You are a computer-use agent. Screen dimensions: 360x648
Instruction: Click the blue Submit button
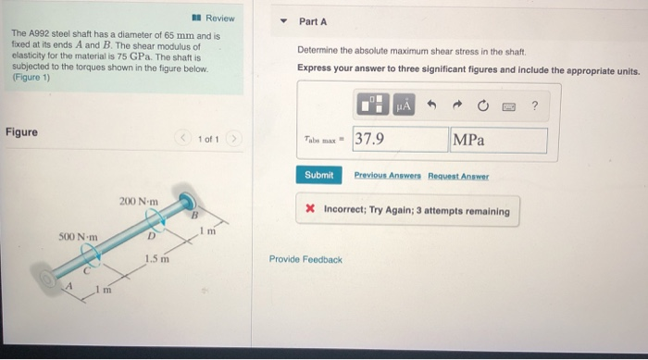point(318,175)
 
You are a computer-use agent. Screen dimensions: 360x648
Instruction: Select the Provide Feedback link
point(305,259)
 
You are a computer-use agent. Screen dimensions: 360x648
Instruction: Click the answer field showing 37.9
point(399,140)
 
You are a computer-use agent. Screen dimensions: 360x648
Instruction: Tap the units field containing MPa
point(498,140)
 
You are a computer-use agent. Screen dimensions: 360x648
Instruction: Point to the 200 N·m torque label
point(138,202)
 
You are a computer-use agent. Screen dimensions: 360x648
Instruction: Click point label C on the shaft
point(89,270)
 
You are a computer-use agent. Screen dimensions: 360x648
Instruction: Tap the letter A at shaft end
point(66,288)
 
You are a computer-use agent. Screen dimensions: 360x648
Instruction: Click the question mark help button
point(534,105)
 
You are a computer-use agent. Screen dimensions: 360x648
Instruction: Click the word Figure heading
point(21,132)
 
